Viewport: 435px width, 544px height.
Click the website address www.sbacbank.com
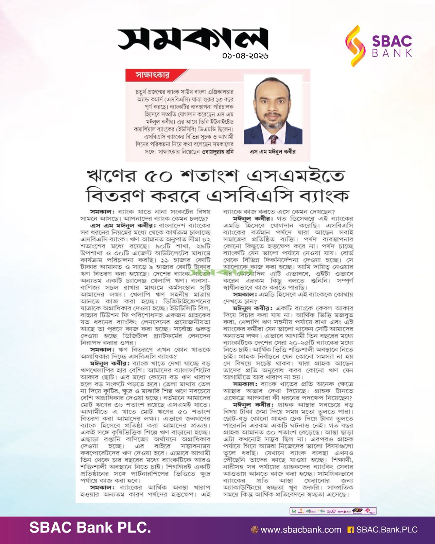click(x=301, y=530)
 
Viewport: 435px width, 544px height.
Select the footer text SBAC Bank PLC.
click(x=90, y=528)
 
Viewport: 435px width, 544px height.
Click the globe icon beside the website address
click(x=254, y=530)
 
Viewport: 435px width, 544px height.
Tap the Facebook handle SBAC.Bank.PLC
click(x=387, y=530)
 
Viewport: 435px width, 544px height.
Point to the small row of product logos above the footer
click(x=333, y=511)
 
